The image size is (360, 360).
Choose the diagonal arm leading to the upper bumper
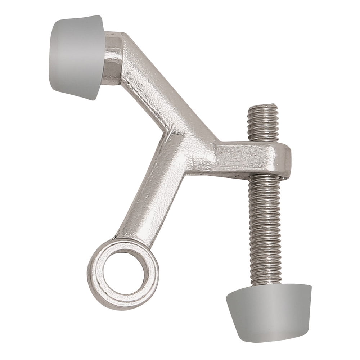click(151, 86)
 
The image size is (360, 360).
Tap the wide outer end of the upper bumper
click(54, 54)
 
